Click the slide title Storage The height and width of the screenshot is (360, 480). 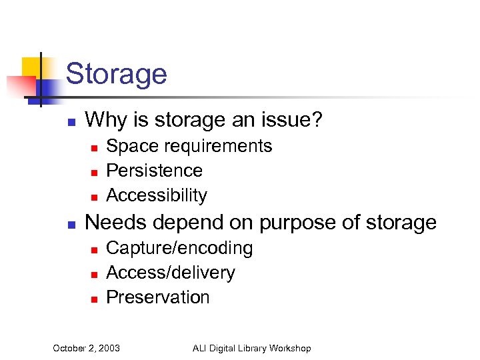[117, 73]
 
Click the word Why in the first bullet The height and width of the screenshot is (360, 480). [103, 120]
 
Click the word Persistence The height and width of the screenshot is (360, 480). [154, 171]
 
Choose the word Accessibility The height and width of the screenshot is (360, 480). [157, 195]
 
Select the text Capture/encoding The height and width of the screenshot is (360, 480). [179, 248]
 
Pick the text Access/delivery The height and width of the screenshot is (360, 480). [171, 273]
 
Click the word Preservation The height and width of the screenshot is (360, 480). [158, 297]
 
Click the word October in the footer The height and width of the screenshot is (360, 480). [69, 348]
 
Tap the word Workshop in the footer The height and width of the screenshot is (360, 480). [289, 348]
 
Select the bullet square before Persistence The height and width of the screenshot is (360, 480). [95, 172]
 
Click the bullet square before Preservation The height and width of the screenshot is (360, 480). [95, 299]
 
